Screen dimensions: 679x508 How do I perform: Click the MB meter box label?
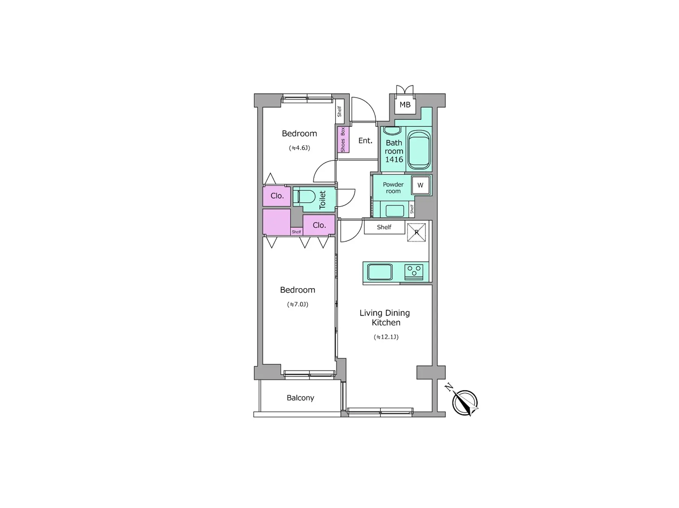coord(405,105)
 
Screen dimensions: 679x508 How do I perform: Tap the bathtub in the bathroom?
coord(419,150)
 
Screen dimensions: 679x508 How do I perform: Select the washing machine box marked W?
coord(420,185)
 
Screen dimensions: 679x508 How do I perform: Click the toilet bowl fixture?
coord(304,197)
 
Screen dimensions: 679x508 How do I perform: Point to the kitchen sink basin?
coord(380,272)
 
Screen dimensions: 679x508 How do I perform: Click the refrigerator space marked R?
coord(416,232)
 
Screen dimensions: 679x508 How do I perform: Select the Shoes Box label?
coord(343,140)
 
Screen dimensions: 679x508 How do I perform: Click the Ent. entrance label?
coord(365,141)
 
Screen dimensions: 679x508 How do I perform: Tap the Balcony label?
coord(300,398)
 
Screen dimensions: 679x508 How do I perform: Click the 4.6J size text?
coord(299,148)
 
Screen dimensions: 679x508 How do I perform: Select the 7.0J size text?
coord(298,305)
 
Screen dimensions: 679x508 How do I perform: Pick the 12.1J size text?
coord(386,337)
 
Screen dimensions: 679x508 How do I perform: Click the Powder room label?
coord(393,188)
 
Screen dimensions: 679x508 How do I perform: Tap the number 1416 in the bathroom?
coord(394,160)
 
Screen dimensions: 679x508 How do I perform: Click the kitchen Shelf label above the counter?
coord(384,227)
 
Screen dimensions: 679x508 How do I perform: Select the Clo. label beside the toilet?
coord(277,196)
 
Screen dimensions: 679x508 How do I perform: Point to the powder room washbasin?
coord(394,211)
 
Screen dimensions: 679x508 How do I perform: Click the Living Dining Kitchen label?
coord(385,318)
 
